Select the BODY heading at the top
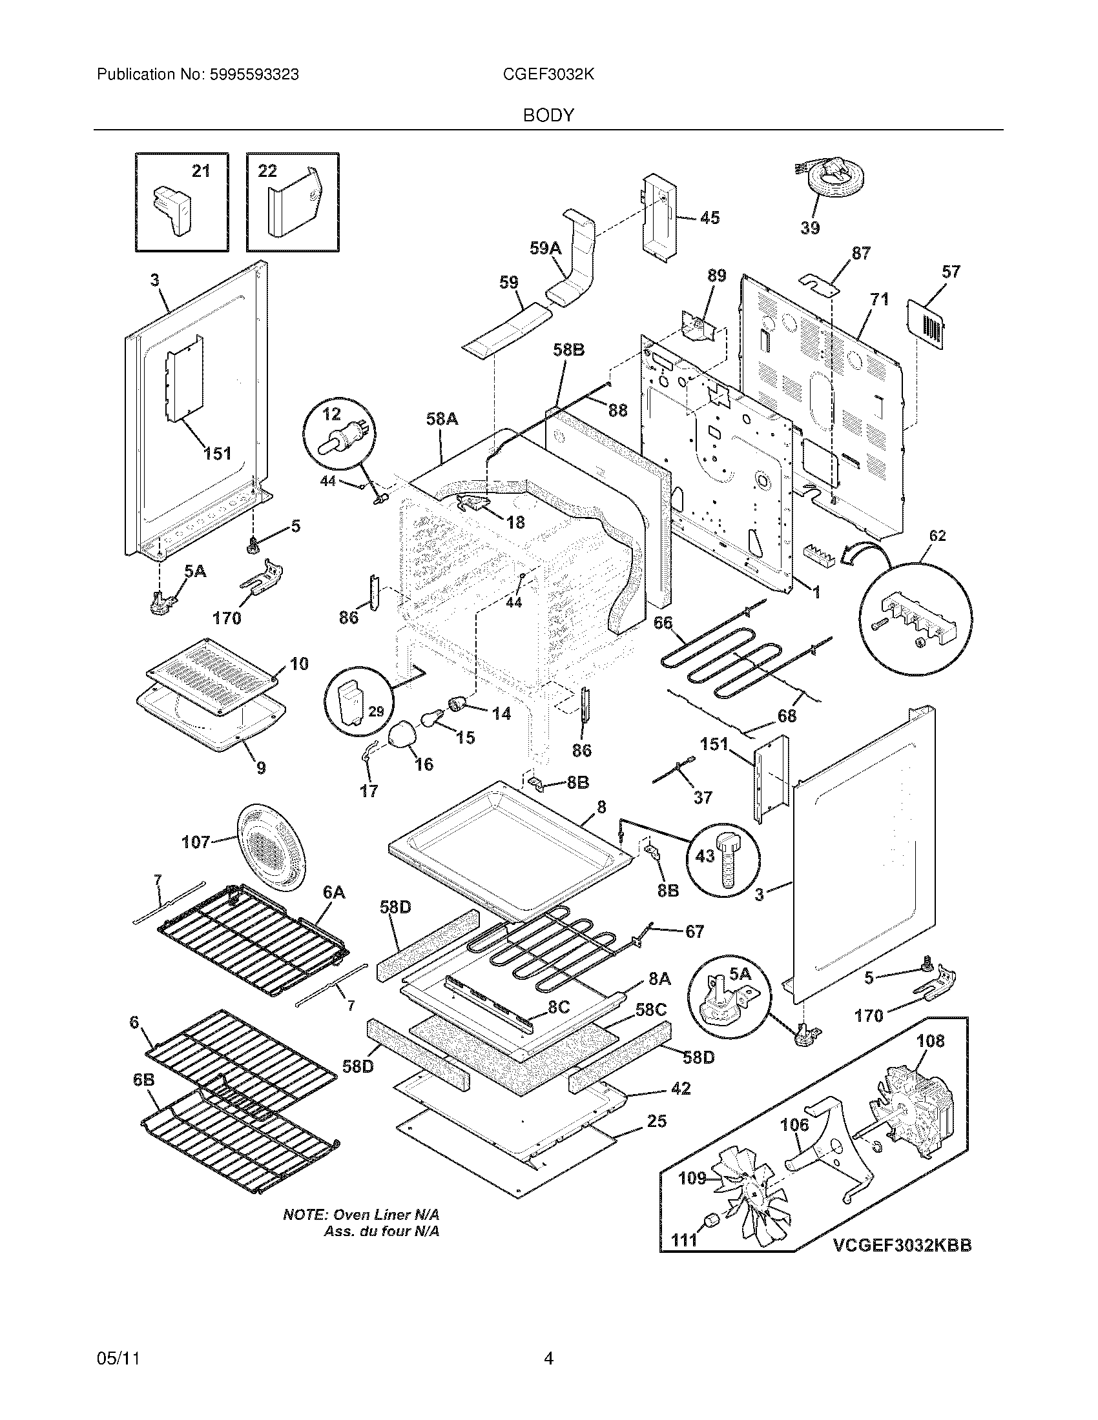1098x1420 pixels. click(x=548, y=116)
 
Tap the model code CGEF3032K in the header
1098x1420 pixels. click(x=548, y=75)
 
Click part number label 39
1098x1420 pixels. click(x=810, y=228)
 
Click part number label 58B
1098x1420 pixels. click(x=568, y=350)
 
